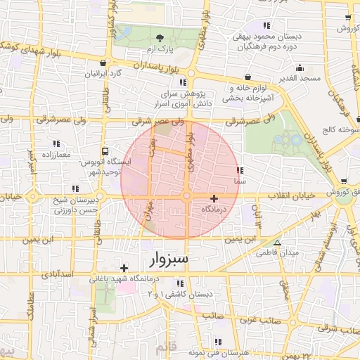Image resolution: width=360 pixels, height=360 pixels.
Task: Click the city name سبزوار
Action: [x=169, y=260]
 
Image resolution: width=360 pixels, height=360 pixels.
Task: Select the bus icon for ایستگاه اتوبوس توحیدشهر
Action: [x=105, y=150]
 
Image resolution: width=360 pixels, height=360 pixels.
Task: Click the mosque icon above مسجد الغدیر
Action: [x=300, y=68]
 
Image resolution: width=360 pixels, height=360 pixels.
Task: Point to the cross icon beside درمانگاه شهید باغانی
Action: [x=124, y=268]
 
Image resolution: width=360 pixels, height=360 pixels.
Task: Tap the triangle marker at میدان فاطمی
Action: [x=277, y=243]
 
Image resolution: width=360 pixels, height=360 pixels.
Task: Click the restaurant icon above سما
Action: [x=240, y=170]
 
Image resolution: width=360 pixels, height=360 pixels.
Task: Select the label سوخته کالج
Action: [x=339, y=131]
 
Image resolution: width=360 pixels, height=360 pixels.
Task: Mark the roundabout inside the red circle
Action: [x=187, y=197]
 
